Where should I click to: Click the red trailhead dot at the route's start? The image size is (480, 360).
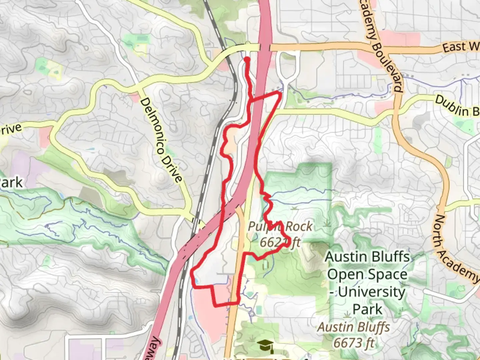[247, 60]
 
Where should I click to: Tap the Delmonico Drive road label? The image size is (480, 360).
[161, 140]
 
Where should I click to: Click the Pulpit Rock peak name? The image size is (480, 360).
[280, 227]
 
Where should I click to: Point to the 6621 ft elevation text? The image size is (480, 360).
[280, 242]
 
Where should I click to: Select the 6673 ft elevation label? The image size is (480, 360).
[354, 343]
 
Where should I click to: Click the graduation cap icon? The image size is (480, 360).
[265, 346]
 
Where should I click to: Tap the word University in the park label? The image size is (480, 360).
[371, 292]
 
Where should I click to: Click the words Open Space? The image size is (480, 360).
[367, 275]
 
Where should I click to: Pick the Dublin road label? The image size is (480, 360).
[457, 106]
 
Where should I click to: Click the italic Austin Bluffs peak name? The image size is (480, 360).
[354, 327]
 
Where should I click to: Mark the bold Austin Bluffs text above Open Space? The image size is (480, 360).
[367, 257]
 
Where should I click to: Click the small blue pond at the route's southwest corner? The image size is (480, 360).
[195, 282]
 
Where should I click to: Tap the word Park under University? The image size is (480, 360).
[367, 309]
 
